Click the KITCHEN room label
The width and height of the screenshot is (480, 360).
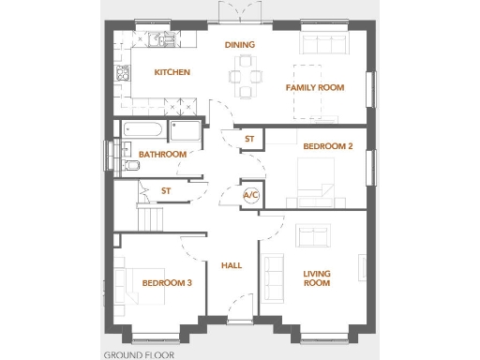pyautogui.click(x=172, y=72)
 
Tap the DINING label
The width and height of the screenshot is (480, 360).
pyautogui.click(x=240, y=44)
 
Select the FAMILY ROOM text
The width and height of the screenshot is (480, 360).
pyautogui.click(x=314, y=88)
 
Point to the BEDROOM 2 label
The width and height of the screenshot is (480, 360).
pyautogui.click(x=327, y=146)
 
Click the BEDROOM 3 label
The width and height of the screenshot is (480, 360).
pyautogui.click(x=167, y=282)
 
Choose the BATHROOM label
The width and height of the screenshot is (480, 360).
pyautogui.click(x=162, y=154)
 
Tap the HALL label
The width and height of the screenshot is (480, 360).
pyautogui.click(x=232, y=265)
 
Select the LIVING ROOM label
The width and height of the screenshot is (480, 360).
pyautogui.click(x=317, y=277)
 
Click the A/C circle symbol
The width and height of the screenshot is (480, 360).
pyautogui.click(x=251, y=196)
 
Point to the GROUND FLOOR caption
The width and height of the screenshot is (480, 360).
pyautogui.click(x=139, y=354)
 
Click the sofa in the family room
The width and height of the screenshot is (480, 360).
pyautogui.click(x=322, y=44)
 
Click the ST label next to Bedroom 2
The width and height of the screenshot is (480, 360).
pyautogui.click(x=249, y=139)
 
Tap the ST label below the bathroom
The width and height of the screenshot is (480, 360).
pyautogui.click(x=166, y=191)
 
